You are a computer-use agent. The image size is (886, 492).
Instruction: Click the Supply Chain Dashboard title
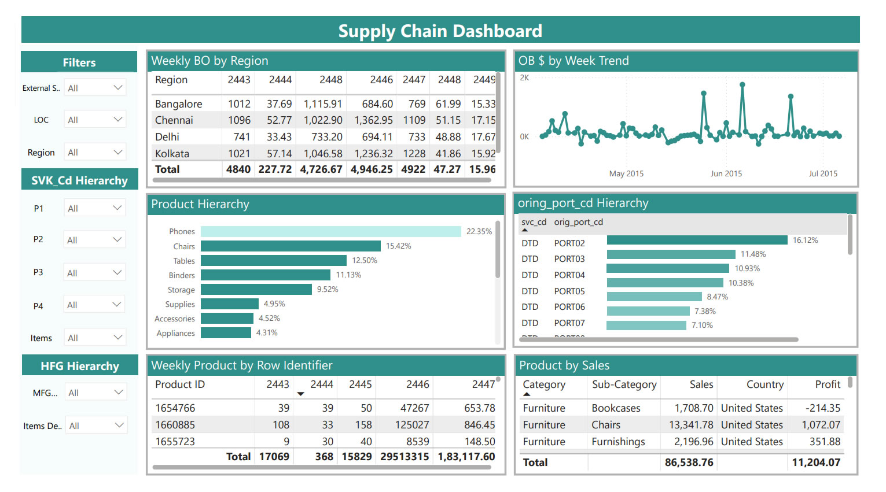440,31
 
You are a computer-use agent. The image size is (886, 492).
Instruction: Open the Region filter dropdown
95,153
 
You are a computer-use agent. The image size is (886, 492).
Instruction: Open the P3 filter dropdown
95,272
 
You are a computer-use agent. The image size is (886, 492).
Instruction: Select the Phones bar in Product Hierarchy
330,231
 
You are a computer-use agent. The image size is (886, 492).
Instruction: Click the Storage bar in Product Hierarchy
256,290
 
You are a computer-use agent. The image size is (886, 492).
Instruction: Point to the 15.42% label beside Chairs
398,246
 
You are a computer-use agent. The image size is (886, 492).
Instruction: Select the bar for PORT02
697,240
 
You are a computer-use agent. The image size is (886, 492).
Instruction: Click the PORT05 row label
569,291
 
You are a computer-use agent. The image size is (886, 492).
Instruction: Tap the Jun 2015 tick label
726,173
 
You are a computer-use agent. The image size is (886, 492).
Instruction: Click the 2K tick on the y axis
524,77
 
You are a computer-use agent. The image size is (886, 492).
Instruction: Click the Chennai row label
174,120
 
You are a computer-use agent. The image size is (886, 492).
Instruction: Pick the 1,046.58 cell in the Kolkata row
323,154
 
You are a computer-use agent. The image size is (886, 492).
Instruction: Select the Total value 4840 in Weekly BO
238,169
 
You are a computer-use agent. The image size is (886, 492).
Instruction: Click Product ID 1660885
175,425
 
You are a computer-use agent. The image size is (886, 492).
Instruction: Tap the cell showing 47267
414,408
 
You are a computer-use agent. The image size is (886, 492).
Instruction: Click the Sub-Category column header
624,384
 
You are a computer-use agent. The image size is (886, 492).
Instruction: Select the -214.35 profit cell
822,408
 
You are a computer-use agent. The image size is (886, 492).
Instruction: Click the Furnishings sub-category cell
618,442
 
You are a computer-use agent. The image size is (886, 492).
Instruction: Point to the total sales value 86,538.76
689,463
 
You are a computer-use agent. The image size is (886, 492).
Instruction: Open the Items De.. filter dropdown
96,426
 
